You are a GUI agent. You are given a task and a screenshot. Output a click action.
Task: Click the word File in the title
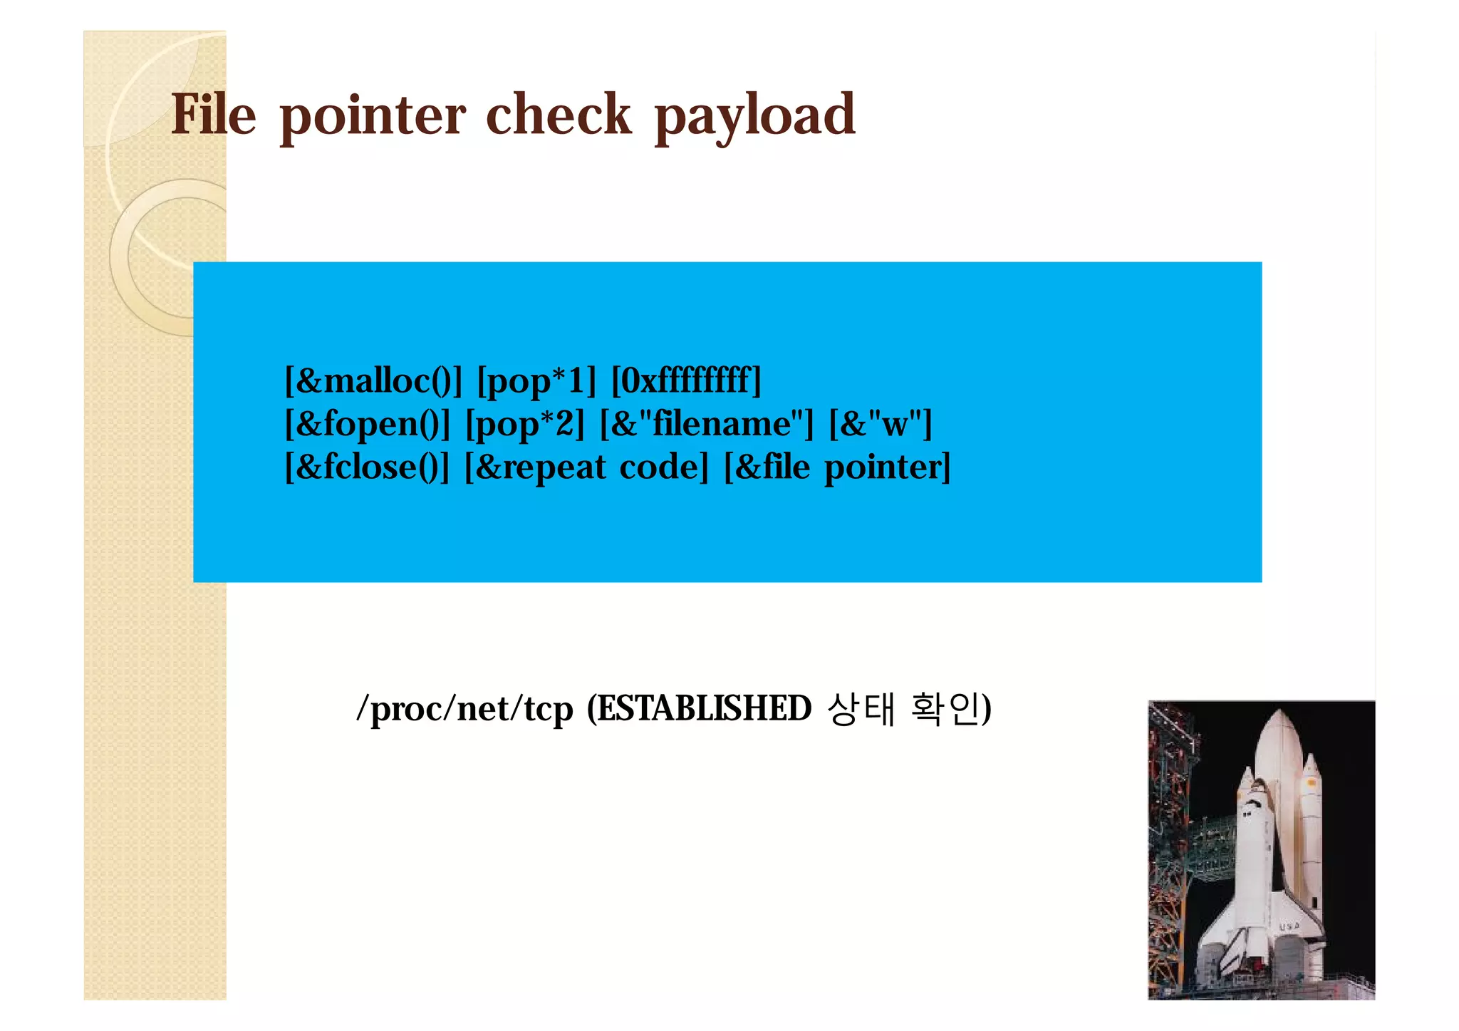tap(213, 115)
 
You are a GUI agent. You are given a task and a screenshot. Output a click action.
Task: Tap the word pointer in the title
tap(373, 116)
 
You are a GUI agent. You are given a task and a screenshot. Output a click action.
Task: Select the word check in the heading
tap(558, 115)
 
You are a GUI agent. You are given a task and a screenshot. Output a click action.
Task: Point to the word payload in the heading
tap(754, 116)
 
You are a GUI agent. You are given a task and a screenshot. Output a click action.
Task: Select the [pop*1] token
tap(536, 380)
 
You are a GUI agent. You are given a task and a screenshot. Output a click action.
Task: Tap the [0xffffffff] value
tap(686, 380)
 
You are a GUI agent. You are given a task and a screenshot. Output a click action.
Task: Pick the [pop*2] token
tap(524, 424)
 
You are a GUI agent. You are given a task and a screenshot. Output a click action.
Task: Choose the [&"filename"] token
tap(706, 424)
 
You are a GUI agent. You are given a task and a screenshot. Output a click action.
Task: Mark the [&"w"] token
tap(881, 424)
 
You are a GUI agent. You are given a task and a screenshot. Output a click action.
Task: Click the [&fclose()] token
tap(367, 467)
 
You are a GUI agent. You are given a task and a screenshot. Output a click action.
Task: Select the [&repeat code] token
tap(586, 467)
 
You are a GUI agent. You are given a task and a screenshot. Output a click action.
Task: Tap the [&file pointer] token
tap(837, 467)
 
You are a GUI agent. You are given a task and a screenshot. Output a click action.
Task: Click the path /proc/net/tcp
tap(464, 709)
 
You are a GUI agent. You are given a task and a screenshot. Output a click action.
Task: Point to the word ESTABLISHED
tap(704, 709)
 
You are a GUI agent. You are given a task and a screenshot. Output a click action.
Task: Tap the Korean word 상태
tap(861, 709)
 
